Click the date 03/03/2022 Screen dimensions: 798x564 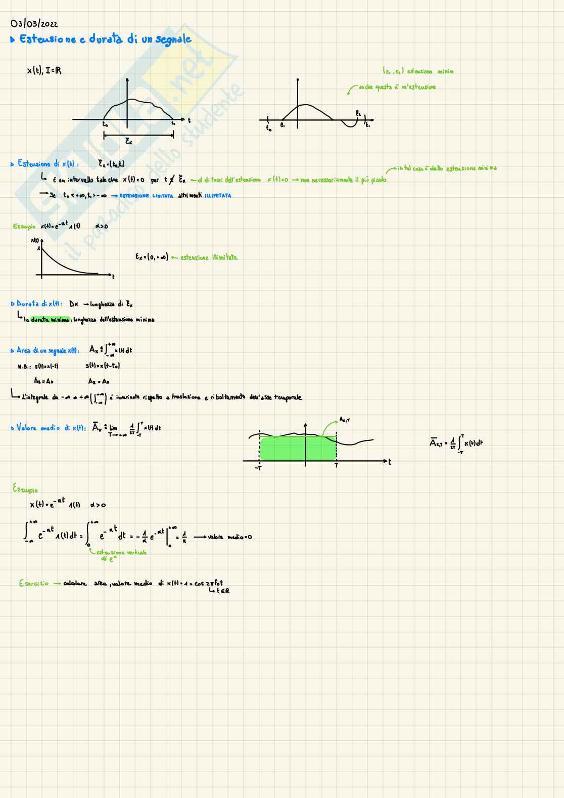point(34,24)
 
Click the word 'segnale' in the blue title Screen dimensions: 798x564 point(173,40)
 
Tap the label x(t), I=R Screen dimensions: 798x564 point(44,71)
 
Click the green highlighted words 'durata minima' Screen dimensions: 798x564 point(50,320)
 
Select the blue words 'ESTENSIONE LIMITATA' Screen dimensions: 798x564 point(146,196)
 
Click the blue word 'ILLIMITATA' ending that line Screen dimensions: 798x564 point(218,196)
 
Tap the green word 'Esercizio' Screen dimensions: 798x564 point(34,583)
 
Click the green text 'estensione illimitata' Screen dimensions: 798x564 point(209,257)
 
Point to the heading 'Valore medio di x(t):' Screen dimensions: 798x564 point(49,428)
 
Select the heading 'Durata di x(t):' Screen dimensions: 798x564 point(39,304)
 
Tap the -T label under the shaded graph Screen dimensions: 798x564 point(258,468)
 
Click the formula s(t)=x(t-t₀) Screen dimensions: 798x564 point(103,366)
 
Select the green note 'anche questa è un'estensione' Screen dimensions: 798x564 point(397,87)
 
